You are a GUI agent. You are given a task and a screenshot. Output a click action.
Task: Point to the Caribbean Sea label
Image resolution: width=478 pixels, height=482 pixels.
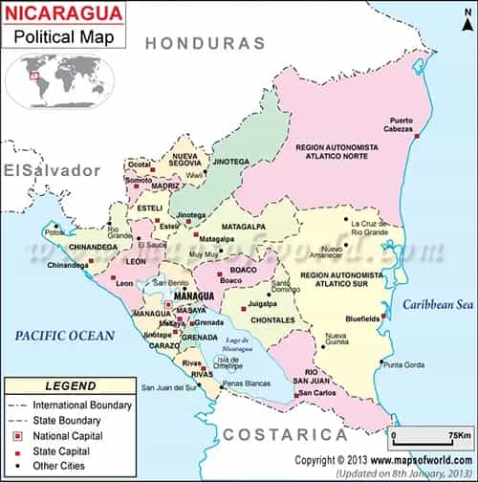437,305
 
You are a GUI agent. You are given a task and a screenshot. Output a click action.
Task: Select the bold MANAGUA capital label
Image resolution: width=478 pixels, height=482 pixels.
191,297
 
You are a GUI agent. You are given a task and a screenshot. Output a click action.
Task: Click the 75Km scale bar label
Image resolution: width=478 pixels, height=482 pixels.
448,436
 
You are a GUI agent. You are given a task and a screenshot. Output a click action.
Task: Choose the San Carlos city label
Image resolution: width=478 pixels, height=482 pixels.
315,393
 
